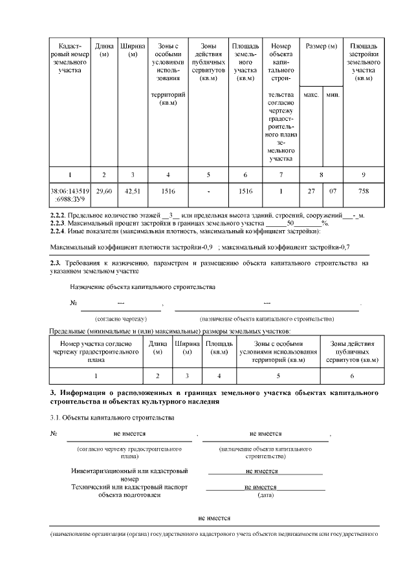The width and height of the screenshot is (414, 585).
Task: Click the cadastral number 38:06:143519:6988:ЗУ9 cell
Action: click(71, 195)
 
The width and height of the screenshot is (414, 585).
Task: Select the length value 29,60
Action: click(104, 191)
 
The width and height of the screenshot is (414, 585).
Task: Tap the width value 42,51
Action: click(132, 191)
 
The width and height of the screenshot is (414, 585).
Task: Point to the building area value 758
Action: click(364, 191)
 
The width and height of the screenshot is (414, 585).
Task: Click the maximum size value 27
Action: click(310, 191)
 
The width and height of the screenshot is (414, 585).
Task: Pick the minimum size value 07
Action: click(332, 191)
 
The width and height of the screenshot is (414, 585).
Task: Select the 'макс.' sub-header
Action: click(310, 95)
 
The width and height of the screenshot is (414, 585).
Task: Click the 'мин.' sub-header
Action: click(332, 95)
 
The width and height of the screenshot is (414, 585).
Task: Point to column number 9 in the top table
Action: click(364, 174)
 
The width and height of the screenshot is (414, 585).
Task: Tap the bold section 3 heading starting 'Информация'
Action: click(213, 397)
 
